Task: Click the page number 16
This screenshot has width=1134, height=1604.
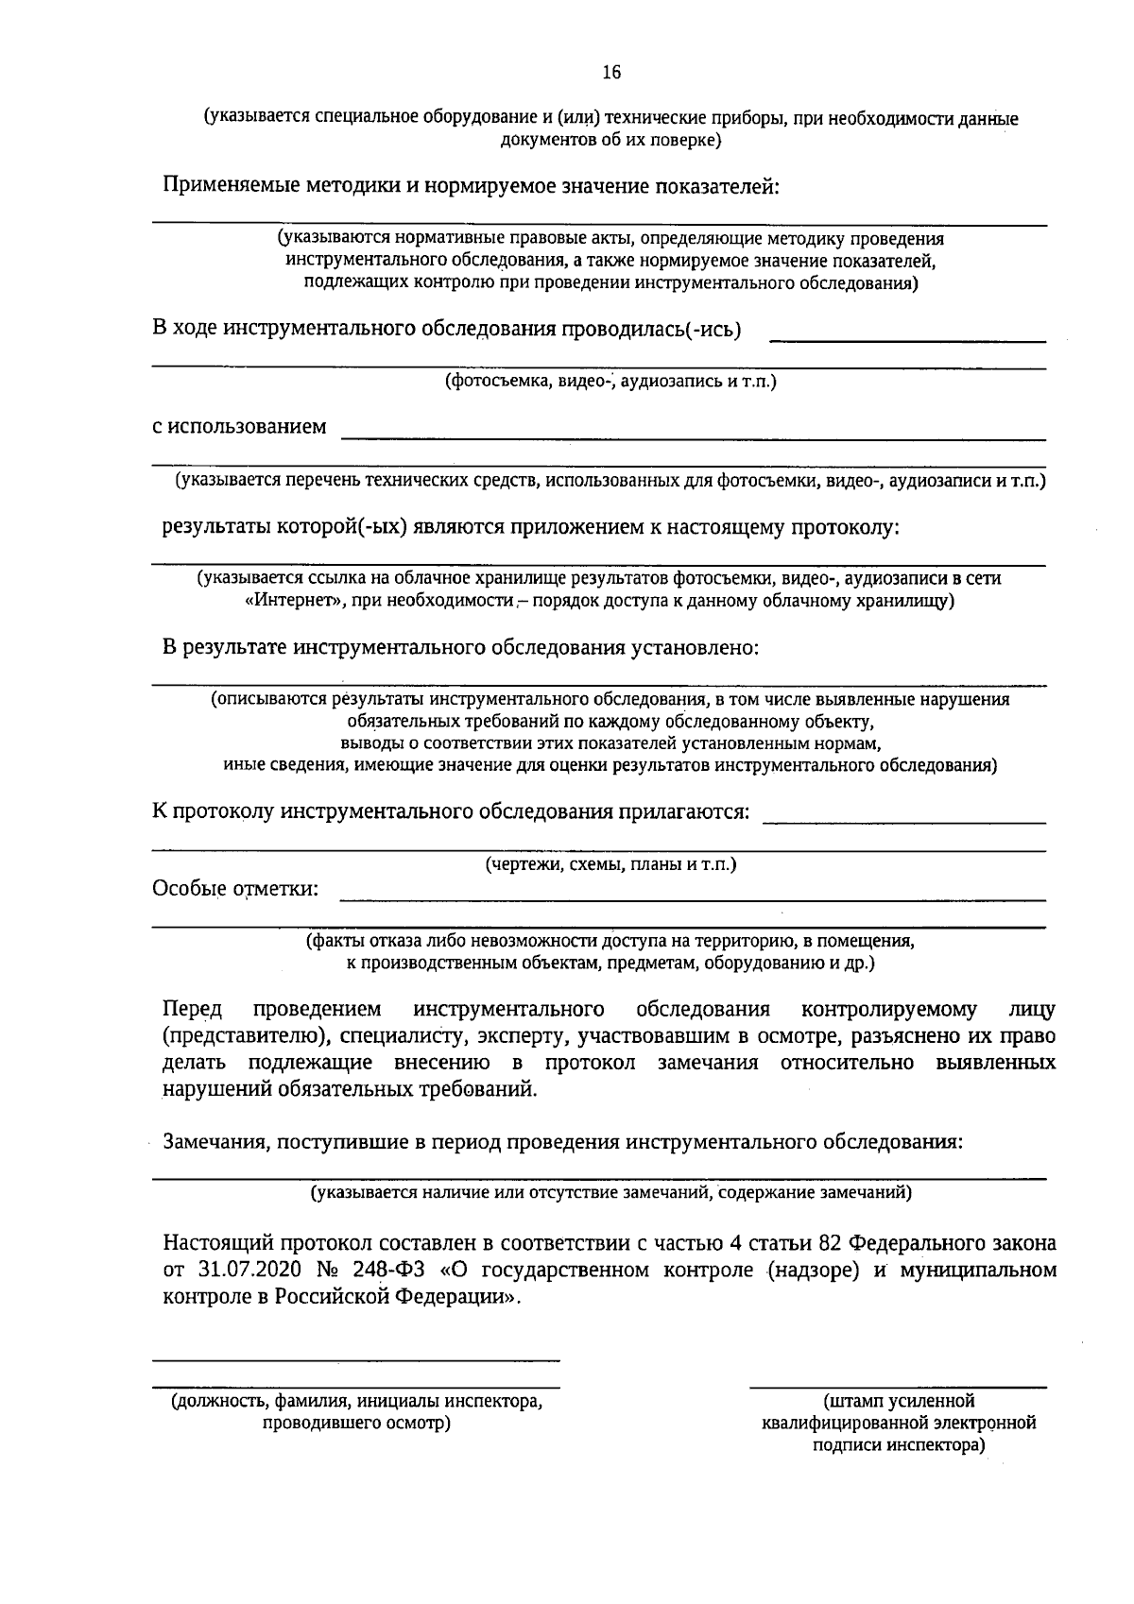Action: click(x=611, y=73)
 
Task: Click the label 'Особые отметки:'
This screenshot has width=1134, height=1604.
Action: click(x=235, y=889)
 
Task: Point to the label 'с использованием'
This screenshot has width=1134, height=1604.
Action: click(x=240, y=426)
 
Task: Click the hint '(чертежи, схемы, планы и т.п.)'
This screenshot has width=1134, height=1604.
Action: click(x=610, y=864)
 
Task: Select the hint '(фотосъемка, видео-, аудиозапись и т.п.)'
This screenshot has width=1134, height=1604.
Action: click(x=610, y=382)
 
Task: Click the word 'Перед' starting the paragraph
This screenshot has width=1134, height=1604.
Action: click(x=192, y=1010)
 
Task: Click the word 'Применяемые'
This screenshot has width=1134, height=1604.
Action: click(x=232, y=185)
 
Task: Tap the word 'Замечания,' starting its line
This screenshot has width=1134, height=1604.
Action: click(x=215, y=1141)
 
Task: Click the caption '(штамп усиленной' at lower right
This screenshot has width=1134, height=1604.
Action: click(x=899, y=1401)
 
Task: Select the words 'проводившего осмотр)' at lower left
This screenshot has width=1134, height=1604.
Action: click(x=356, y=1423)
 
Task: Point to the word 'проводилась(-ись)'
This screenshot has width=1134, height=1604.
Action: click(x=652, y=329)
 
